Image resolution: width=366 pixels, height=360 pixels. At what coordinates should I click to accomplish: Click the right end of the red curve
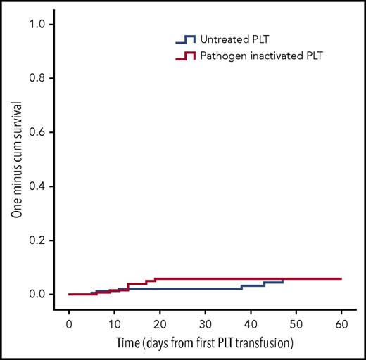click(x=341, y=278)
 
